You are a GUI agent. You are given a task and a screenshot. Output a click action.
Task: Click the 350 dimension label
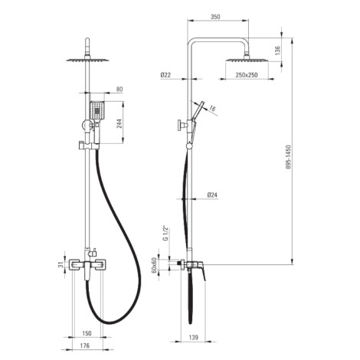[x=215, y=17]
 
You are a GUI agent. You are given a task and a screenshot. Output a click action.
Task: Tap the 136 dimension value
[x=277, y=51]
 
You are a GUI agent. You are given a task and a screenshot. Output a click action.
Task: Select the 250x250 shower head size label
[x=247, y=75]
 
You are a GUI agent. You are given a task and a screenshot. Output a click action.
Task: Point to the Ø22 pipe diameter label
[x=165, y=75]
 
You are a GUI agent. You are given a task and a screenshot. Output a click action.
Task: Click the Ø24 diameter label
[x=212, y=195]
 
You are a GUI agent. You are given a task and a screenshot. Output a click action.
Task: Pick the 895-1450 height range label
[x=288, y=157]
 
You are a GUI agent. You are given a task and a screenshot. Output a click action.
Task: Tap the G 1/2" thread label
[x=165, y=233]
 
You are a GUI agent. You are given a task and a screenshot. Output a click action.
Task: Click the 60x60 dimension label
[x=154, y=265]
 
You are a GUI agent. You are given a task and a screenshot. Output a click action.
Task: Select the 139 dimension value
[x=194, y=337]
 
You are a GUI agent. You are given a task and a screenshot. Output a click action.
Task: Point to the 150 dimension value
[x=87, y=333]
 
